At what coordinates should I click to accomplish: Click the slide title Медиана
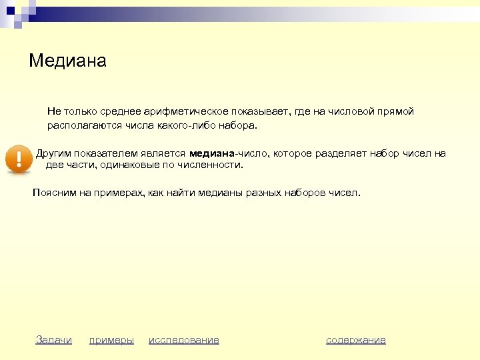[x=68, y=61]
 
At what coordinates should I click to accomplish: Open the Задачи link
[x=53, y=340]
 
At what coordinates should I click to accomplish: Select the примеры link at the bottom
[x=111, y=340]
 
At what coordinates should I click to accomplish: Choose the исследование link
[x=184, y=340]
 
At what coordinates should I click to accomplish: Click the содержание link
[x=356, y=340]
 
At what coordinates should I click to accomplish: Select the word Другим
[x=53, y=153]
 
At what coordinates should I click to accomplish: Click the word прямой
[x=396, y=111]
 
